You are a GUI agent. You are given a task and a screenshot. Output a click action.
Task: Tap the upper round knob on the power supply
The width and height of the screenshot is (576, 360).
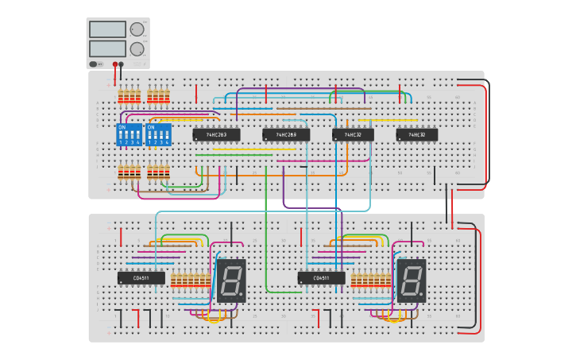point(137,29)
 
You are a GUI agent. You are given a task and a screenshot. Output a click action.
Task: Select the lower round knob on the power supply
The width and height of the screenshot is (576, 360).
point(137,48)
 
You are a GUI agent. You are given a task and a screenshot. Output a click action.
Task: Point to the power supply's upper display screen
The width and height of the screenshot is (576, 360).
point(107,29)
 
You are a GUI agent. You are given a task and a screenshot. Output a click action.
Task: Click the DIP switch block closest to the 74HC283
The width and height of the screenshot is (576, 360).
point(158,134)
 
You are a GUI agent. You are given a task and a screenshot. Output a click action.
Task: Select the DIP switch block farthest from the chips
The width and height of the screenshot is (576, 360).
point(130,134)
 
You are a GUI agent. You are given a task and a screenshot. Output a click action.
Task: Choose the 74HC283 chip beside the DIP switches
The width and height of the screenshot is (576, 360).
point(216,135)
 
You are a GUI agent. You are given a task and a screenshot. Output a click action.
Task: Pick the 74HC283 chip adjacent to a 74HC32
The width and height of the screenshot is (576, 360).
point(285,135)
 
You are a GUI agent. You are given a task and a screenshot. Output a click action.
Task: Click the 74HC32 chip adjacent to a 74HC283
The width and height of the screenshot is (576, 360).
point(353,135)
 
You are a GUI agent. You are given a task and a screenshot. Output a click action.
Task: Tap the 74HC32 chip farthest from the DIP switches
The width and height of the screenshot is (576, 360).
point(416,135)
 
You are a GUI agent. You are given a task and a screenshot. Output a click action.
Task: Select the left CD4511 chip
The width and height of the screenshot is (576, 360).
point(141,278)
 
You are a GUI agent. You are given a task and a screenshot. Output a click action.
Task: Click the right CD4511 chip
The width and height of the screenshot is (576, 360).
point(321,278)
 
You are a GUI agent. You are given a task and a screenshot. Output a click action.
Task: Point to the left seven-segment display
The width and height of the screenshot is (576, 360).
point(230,280)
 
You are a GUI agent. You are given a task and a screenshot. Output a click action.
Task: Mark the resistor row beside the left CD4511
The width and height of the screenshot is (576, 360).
point(191,280)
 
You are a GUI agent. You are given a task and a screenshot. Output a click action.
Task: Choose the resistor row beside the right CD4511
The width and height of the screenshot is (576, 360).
point(371,280)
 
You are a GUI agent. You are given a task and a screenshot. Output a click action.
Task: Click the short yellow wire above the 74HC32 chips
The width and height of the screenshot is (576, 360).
point(387,120)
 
